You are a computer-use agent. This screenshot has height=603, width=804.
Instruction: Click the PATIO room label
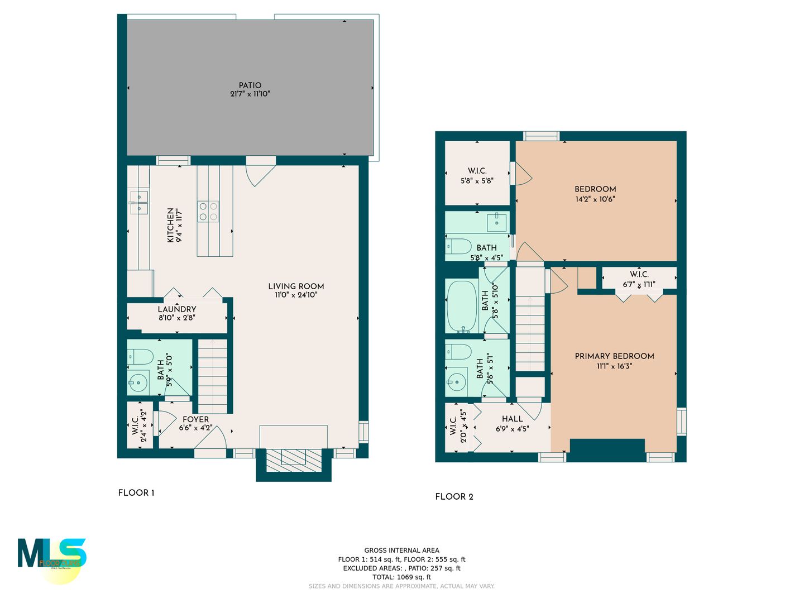pyautogui.click(x=250, y=85)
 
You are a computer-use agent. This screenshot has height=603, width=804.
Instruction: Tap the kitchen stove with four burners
pyautogui.click(x=208, y=212)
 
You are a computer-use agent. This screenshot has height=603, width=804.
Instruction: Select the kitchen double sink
pyautogui.click(x=139, y=202)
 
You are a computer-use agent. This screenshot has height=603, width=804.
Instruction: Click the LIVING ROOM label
pyautogui.click(x=296, y=286)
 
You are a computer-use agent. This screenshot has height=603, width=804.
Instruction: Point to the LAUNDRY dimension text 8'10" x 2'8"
pyautogui.click(x=177, y=318)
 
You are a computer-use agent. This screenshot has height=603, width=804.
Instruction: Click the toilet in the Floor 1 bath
pyautogui.click(x=140, y=356)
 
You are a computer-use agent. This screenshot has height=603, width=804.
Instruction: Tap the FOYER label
pyautogui.click(x=195, y=419)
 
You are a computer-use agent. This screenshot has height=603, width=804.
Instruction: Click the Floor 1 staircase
pyautogui.click(x=213, y=374)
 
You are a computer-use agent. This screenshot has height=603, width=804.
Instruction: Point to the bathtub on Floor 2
pyautogui.click(x=462, y=306)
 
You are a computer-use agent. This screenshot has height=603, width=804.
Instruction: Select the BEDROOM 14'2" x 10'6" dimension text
pyautogui.click(x=595, y=199)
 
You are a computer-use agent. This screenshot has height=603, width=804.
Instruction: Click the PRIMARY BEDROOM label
pyautogui.click(x=614, y=356)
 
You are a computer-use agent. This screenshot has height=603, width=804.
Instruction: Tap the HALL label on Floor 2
pyautogui.click(x=512, y=419)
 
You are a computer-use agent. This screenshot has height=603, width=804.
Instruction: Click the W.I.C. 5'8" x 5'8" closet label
pyautogui.click(x=477, y=171)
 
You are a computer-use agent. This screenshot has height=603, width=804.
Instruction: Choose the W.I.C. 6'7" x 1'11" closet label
pyautogui.click(x=639, y=274)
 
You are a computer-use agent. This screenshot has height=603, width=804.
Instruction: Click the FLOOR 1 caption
pyautogui.click(x=136, y=492)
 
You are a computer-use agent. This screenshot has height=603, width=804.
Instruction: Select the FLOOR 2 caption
pyautogui.click(x=454, y=496)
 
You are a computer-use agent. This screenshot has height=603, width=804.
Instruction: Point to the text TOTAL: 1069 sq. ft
pyautogui.click(x=401, y=577)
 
